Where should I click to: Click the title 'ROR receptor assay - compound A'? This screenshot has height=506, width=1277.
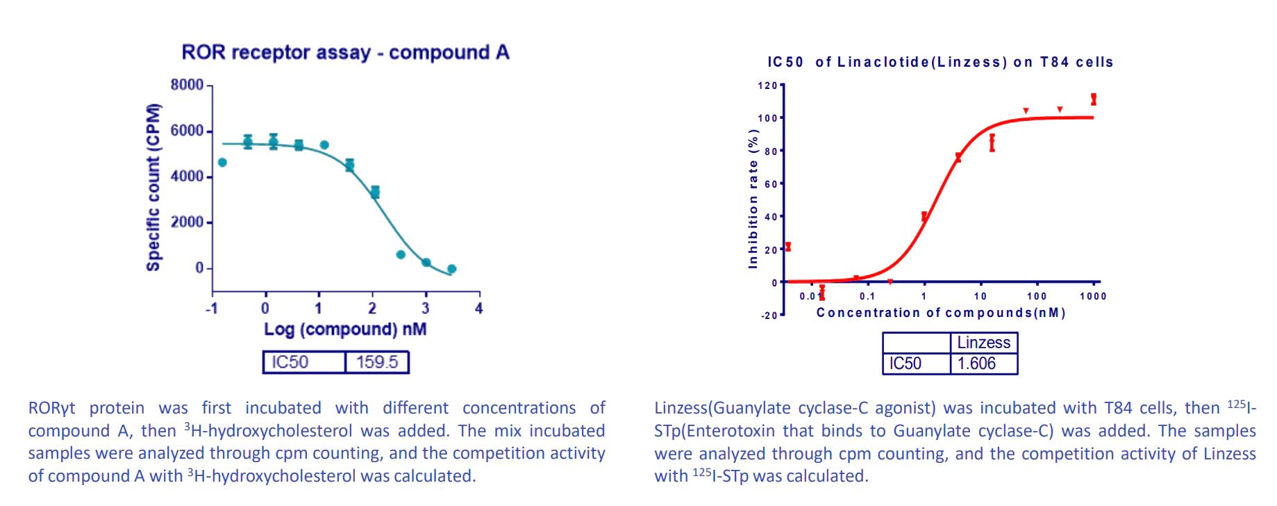point(345,53)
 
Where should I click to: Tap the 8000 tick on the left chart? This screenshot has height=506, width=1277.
point(187,85)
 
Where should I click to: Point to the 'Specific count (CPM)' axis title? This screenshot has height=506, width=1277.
point(153,187)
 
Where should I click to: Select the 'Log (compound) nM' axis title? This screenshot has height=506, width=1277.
point(345,329)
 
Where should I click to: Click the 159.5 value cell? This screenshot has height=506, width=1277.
point(377,362)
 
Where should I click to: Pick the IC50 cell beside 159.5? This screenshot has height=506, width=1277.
point(290,362)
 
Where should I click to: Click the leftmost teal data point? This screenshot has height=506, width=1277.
point(222,163)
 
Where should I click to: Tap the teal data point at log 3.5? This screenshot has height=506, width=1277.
point(451,269)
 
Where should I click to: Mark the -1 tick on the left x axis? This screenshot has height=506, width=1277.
point(212,308)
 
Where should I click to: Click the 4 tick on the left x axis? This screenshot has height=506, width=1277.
point(478,308)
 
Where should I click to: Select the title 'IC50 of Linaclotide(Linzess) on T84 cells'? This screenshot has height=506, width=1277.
point(940,63)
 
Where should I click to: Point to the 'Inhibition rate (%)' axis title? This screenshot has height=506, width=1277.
point(753,199)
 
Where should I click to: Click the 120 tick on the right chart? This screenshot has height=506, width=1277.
point(767,86)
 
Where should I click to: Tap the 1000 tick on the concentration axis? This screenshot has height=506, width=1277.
point(1093,296)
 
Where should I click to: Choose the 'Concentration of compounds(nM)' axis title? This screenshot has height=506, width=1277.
point(940,313)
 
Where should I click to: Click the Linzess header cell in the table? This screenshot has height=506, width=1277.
point(983,343)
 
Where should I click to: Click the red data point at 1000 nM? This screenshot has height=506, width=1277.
point(1094,99)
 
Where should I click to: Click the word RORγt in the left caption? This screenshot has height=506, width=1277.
point(51,408)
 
